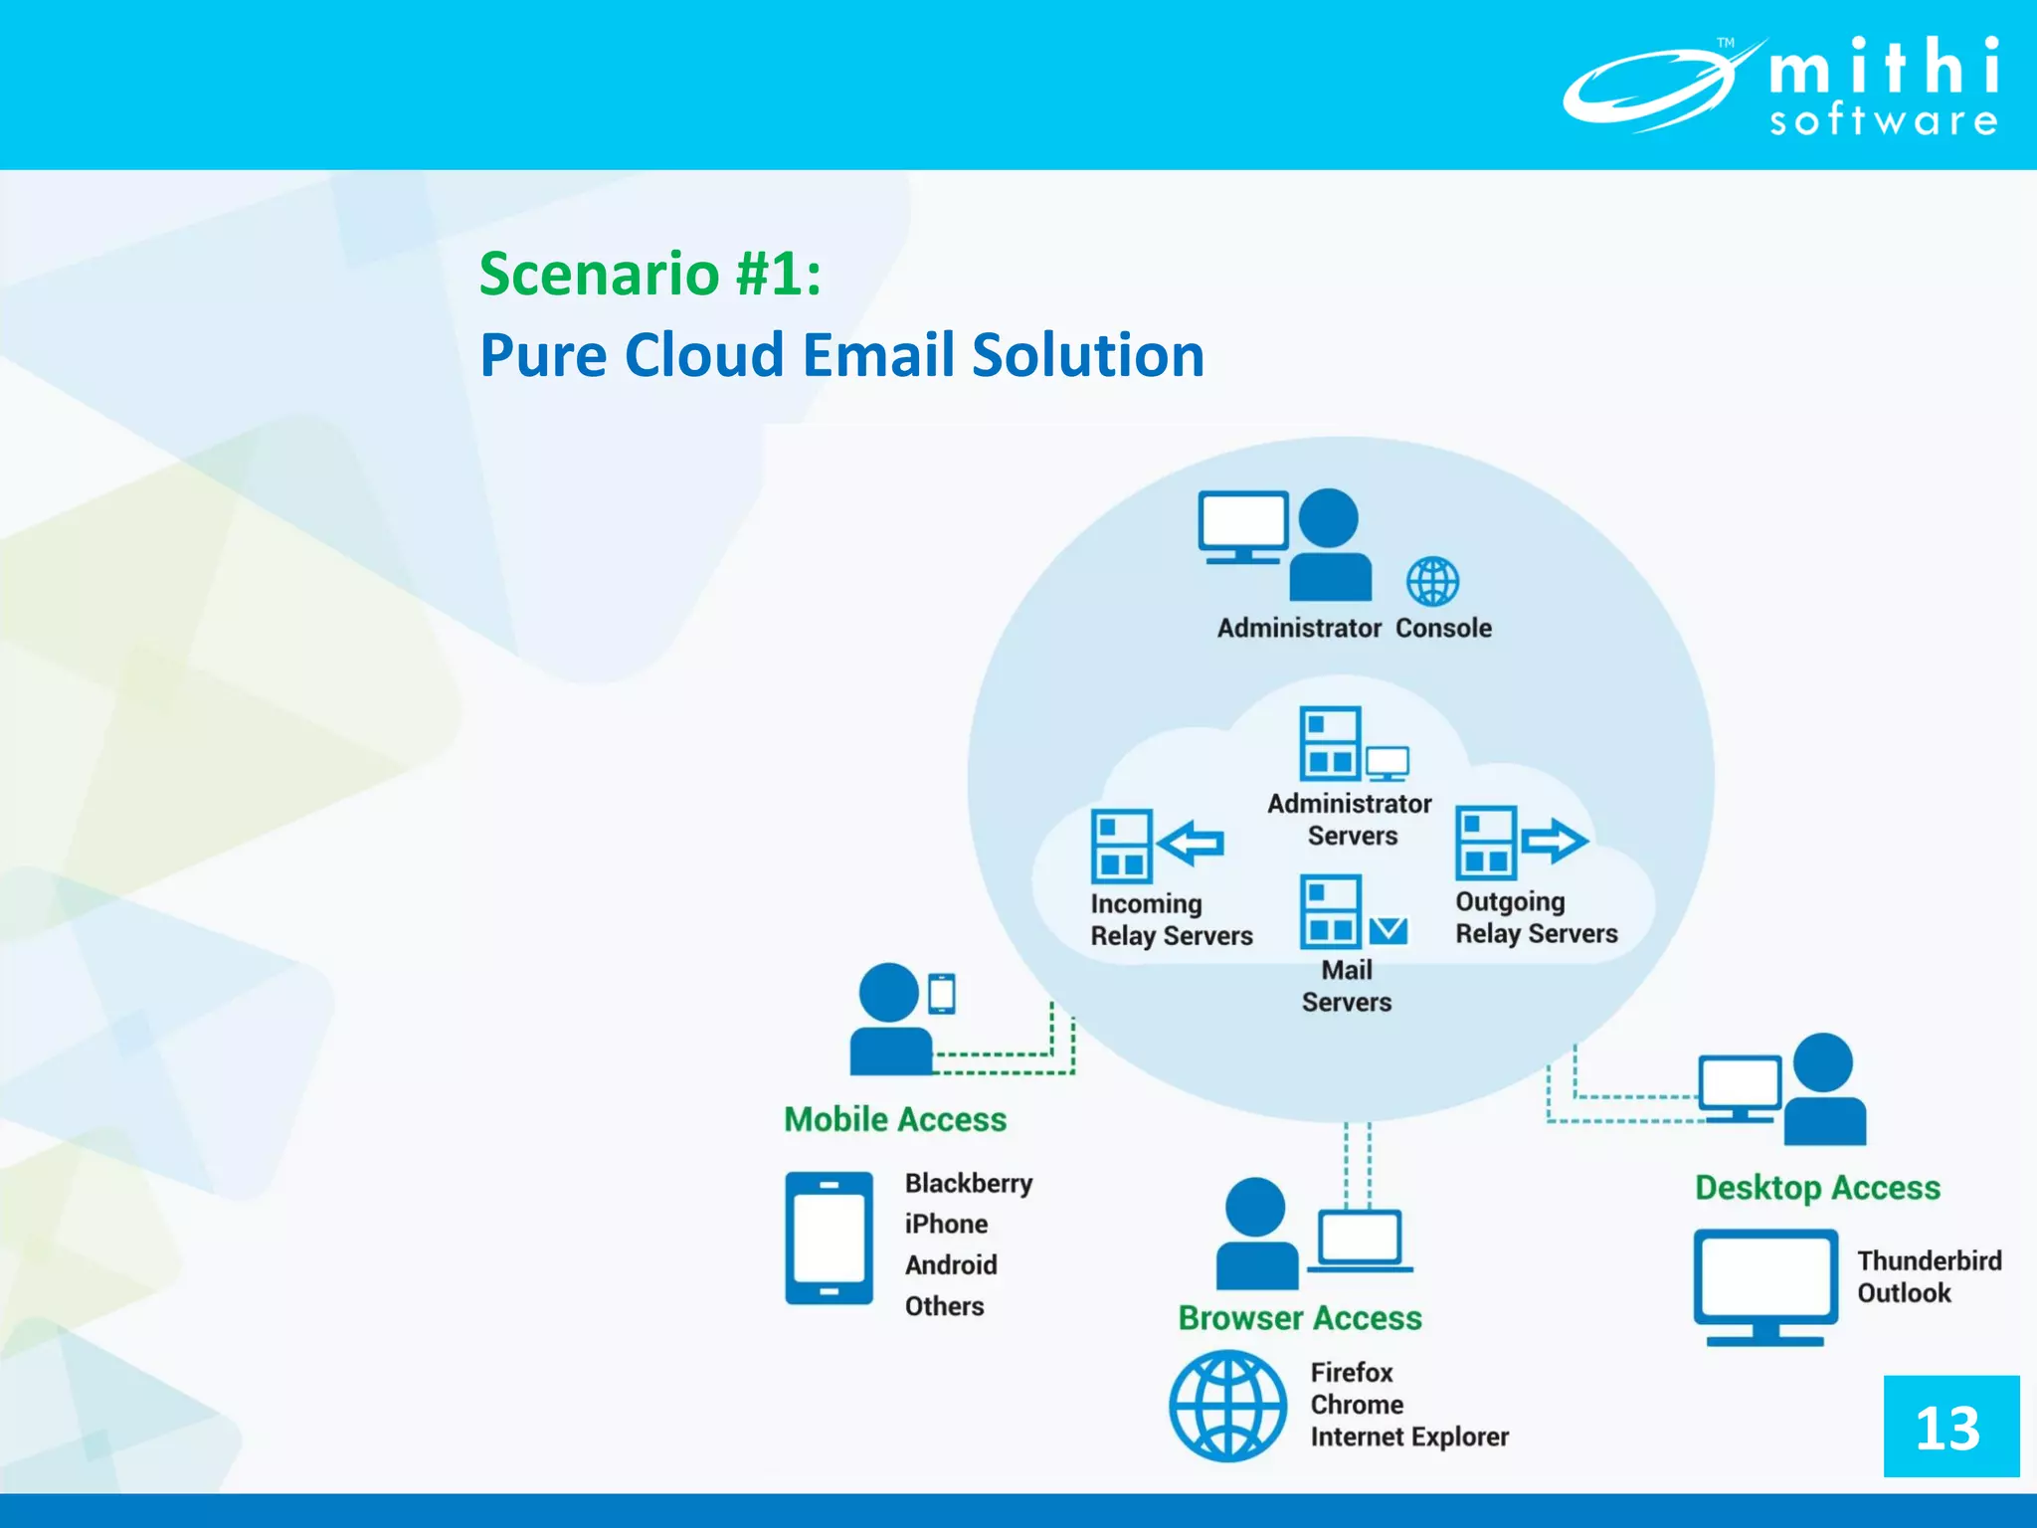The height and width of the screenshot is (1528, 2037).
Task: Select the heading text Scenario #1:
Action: (650, 273)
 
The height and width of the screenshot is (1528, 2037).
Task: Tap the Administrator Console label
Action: (1354, 628)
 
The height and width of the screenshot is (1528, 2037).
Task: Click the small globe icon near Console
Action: (1432, 582)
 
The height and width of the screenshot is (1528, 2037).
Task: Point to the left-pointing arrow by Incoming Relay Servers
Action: (1191, 844)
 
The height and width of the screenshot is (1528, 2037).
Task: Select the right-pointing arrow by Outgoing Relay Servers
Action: (1554, 841)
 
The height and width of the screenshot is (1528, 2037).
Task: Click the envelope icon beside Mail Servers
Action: (1388, 930)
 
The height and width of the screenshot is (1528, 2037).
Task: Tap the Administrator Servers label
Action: (1350, 819)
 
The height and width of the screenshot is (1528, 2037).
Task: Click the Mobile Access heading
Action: (895, 1119)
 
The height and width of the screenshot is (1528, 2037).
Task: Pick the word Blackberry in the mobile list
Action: (968, 1183)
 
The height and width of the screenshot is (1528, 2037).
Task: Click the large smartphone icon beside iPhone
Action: (829, 1238)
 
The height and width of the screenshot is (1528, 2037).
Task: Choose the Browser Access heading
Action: (1300, 1317)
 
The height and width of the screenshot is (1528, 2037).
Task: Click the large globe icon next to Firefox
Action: (1227, 1405)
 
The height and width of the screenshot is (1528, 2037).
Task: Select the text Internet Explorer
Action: (1408, 1436)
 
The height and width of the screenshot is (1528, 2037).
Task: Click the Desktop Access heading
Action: (1817, 1187)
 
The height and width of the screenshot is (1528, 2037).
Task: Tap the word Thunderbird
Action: (1929, 1260)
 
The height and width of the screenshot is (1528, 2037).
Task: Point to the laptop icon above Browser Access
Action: (1359, 1240)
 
